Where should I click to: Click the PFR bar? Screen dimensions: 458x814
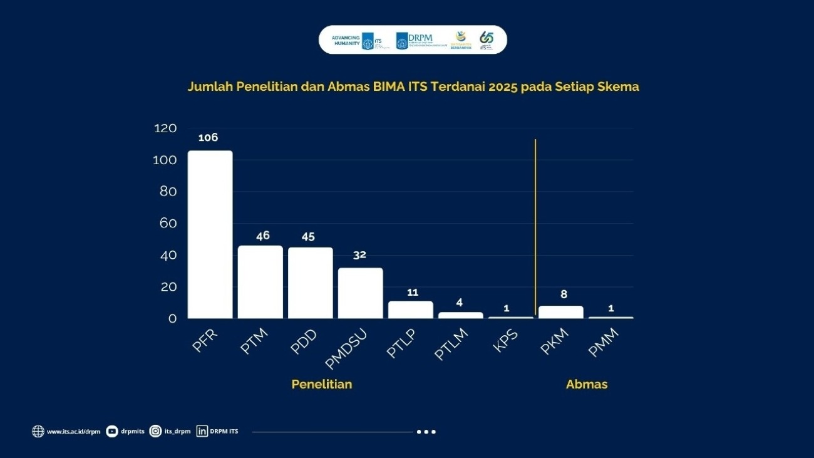click(210, 234)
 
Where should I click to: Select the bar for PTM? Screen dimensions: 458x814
click(260, 282)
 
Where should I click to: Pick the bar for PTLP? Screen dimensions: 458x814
click(410, 310)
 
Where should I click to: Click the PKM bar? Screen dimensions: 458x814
click(561, 312)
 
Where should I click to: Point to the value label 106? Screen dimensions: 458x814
click(208, 138)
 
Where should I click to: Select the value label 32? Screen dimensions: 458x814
click(359, 255)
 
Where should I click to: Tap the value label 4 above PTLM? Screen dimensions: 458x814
click(460, 303)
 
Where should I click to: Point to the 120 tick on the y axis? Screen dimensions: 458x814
click(165, 128)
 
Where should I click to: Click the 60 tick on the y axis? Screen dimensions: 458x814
click(168, 224)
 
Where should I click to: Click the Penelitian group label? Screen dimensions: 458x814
click(322, 384)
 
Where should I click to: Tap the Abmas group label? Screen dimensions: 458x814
click(587, 384)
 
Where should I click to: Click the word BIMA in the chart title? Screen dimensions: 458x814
click(372, 87)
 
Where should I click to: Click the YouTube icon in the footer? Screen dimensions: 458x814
click(112, 431)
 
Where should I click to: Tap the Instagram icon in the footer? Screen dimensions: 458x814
click(156, 431)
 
